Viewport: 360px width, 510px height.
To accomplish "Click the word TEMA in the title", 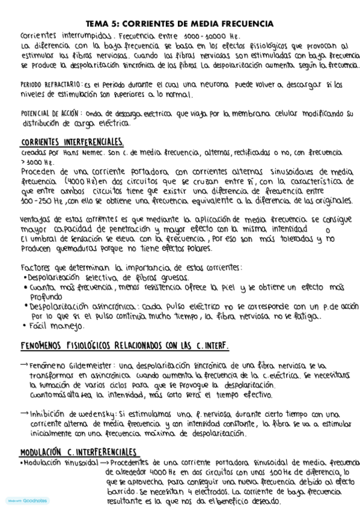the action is click(x=97, y=23).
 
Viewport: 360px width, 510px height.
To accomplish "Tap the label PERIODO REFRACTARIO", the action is click(x=52, y=85).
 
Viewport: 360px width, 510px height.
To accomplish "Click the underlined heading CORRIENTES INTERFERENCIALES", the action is click(x=72, y=142).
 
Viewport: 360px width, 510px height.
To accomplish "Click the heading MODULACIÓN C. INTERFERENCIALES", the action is click(x=78, y=452).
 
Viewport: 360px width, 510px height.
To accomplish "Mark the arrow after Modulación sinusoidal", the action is click(x=104, y=462).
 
